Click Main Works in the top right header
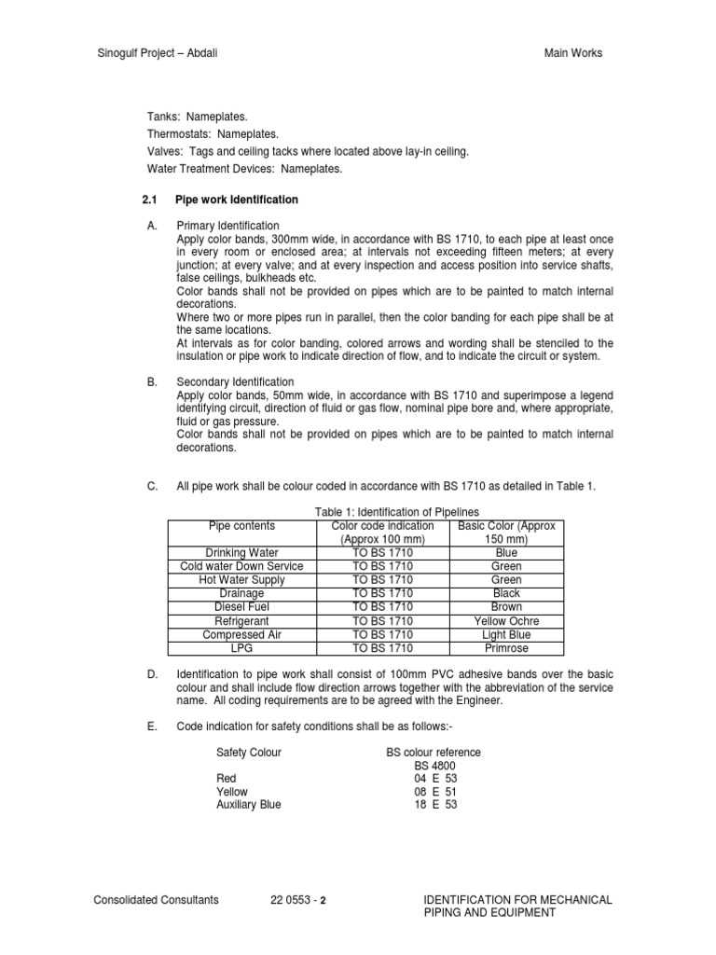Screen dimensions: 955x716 pos(573,53)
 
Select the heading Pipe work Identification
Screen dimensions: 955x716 pos(238,200)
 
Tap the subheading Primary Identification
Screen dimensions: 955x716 pos(227,226)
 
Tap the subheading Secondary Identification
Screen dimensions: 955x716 pos(235,382)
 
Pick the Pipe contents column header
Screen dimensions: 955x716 pos(241,526)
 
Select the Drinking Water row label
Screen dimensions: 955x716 pos(241,553)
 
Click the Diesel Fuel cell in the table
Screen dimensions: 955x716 pos(241,607)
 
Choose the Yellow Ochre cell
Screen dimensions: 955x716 pos(506,621)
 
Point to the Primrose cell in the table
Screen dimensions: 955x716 pos(506,648)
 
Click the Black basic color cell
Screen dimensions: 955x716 pos(506,593)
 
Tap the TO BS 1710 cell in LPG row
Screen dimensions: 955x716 pos(382,648)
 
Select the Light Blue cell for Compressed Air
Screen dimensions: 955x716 pos(506,634)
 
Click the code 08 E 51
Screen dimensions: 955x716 pos(435,791)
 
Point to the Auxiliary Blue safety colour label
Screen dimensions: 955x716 pos(248,804)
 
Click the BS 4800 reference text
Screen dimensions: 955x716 pos(435,765)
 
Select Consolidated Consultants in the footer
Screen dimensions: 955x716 pos(157,900)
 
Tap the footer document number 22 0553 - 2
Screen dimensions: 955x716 pos(298,900)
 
